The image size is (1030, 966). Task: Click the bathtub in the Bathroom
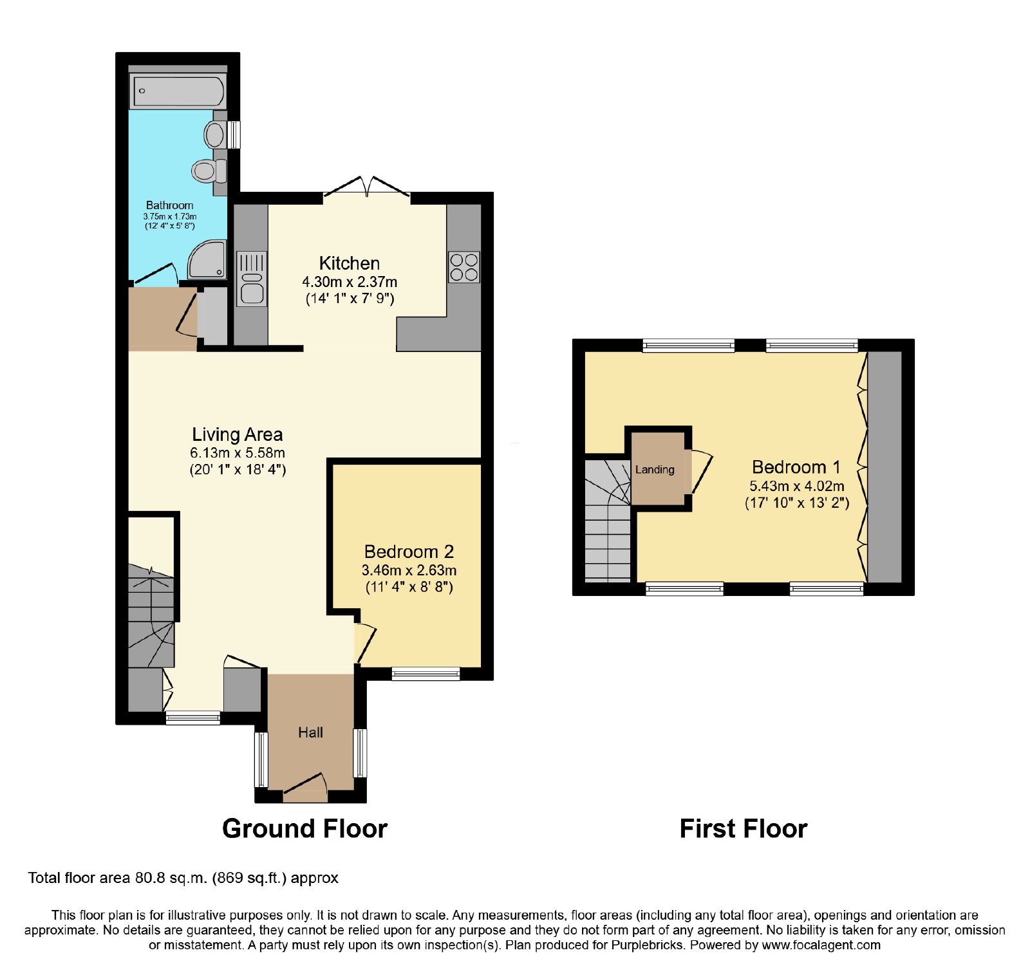(178, 91)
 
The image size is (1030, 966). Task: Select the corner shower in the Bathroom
(207, 259)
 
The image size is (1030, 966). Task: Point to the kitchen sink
(252, 279)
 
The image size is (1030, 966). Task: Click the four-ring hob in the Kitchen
(464, 267)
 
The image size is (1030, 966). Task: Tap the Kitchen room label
(350, 263)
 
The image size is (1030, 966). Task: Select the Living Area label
(238, 434)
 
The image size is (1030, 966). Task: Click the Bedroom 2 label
(409, 552)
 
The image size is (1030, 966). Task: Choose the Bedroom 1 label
(796, 467)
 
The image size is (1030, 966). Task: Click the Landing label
(655, 469)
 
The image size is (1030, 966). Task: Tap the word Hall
(310, 732)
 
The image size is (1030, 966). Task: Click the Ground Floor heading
(304, 828)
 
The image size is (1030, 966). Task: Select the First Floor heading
(744, 828)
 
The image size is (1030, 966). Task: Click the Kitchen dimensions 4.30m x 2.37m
(350, 282)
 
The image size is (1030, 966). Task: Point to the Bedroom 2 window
(426, 674)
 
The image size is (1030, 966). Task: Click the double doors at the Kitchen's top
(367, 187)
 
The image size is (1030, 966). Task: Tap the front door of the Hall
(306, 789)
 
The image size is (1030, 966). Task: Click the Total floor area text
(183, 878)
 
